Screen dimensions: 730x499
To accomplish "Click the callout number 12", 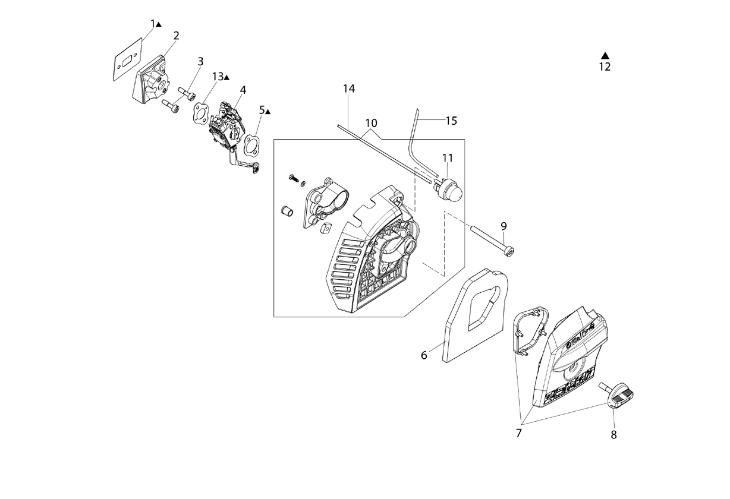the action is pos(605,67).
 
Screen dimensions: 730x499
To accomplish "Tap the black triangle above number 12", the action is pos(605,55).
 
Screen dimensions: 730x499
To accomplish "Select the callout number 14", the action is pos(349,89).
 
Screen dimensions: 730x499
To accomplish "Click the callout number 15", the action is pos(451,121).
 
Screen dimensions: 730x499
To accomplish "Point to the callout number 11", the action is pos(448,158).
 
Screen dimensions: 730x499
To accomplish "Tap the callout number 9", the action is pos(504,226).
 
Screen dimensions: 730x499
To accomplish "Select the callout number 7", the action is pos(519,433).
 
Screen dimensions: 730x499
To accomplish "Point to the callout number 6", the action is pos(424,355).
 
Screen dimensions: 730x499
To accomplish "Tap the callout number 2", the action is pos(177,36).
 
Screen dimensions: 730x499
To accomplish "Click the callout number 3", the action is pos(200,61).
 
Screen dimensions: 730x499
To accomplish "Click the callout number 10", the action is pos(371,123).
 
